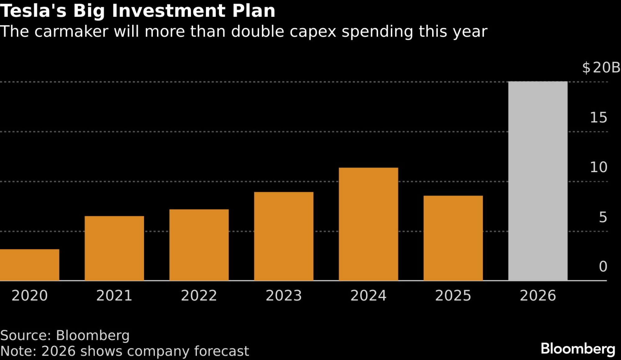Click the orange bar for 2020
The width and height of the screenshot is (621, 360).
pyautogui.click(x=29, y=265)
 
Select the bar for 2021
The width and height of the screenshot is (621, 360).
pyautogui.click(x=114, y=248)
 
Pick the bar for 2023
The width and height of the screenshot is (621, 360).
pyautogui.click(x=283, y=236)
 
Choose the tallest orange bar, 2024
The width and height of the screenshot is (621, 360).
pyautogui.click(x=368, y=224)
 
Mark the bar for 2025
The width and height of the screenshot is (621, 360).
pyautogui.click(x=453, y=238)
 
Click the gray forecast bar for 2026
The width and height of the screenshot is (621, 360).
pyautogui.click(x=538, y=181)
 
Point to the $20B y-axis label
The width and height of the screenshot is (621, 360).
pyautogui.click(x=601, y=68)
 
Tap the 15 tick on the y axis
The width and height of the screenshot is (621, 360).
pyautogui.click(x=598, y=118)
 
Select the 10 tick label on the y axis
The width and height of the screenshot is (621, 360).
pyautogui.click(x=598, y=167)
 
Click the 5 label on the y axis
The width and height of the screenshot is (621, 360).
pyautogui.click(x=603, y=217)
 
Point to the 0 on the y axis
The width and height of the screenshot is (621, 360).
pyautogui.click(x=603, y=267)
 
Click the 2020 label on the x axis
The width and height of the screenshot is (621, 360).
pyautogui.click(x=29, y=295)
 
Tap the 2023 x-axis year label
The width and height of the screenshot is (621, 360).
pyautogui.click(x=283, y=295)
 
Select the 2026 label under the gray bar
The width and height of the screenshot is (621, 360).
pyautogui.click(x=538, y=295)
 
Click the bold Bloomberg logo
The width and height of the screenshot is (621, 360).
pyautogui.click(x=578, y=349)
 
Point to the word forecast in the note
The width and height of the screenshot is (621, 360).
pyautogui.click(x=221, y=351)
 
